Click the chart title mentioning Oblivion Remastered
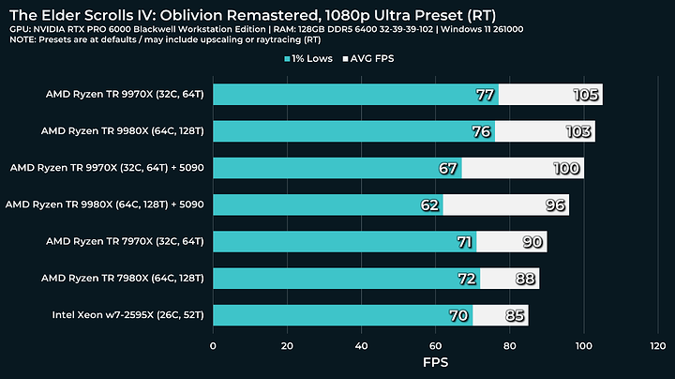coord(252,15)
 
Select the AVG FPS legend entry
coord(376,59)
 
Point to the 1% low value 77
coord(485,95)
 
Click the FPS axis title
coord(435,363)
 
